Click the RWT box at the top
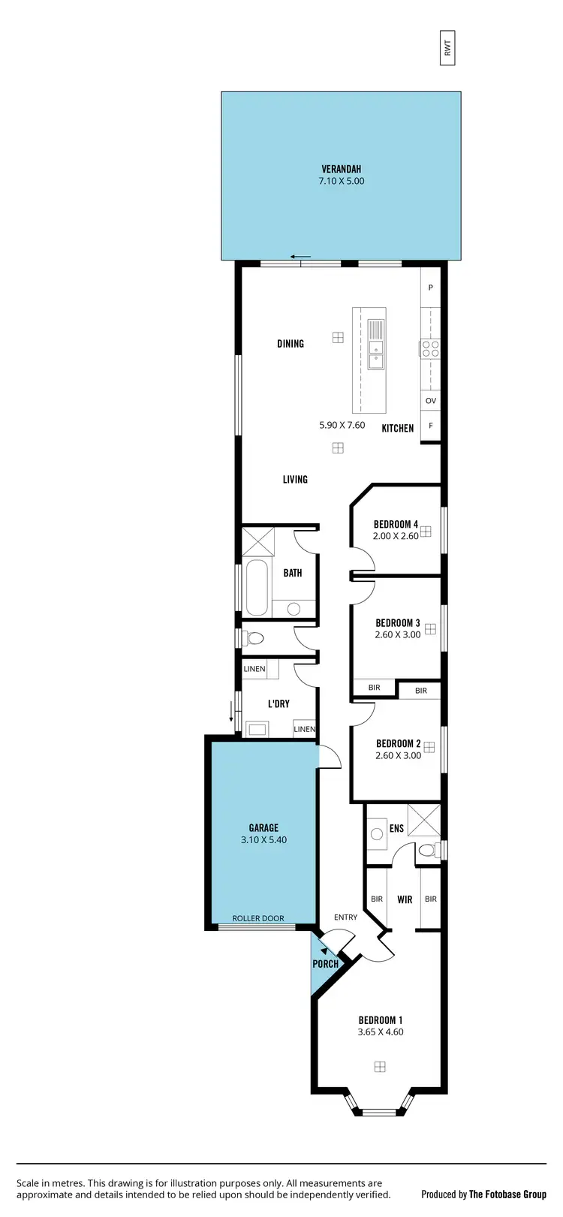[448, 49]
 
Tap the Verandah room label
[341, 169]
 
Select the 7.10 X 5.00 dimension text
[341, 181]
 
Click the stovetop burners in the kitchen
[430, 348]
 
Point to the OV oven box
[430, 401]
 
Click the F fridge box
[430, 425]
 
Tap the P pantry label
[431, 288]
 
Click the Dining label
[291, 344]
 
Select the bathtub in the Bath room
[255, 586]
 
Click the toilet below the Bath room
[254, 639]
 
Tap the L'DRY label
[278, 703]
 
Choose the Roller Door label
[258, 918]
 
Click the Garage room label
[263, 828]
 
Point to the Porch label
[325, 964]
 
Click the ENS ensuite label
[396, 829]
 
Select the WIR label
[405, 899]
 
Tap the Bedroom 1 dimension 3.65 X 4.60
[381, 1032]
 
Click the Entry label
[346, 917]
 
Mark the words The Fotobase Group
[507, 1194]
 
